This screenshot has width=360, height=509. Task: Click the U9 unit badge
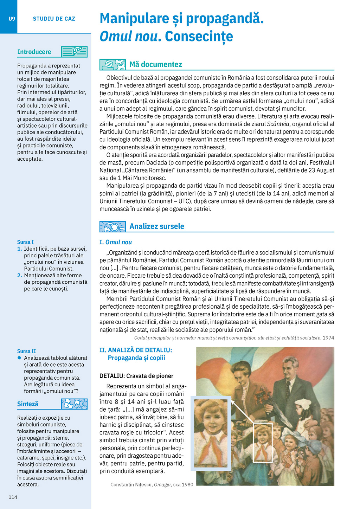pos(12,19)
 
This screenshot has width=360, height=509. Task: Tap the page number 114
pos(13,497)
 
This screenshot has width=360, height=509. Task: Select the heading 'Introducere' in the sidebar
pos(34,52)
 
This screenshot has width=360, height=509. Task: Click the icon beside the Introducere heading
pos(74,52)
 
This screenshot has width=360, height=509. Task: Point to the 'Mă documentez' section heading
pos(156,64)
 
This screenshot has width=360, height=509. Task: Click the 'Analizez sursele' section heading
pos(157,226)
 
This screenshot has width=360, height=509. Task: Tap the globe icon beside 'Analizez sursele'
pos(112,227)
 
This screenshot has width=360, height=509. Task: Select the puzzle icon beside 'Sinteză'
pos(74,404)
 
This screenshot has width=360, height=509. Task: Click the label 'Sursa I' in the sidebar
pos(25,242)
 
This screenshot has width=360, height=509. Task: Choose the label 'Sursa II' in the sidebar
pos(26,351)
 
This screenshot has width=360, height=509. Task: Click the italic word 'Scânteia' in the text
pos(278,124)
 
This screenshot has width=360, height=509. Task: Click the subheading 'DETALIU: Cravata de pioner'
pos(136,376)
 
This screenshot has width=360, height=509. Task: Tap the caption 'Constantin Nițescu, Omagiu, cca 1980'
pos(152,484)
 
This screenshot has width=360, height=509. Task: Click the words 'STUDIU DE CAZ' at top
pos(54,19)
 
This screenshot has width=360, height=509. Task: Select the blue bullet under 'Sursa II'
pos(19,358)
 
